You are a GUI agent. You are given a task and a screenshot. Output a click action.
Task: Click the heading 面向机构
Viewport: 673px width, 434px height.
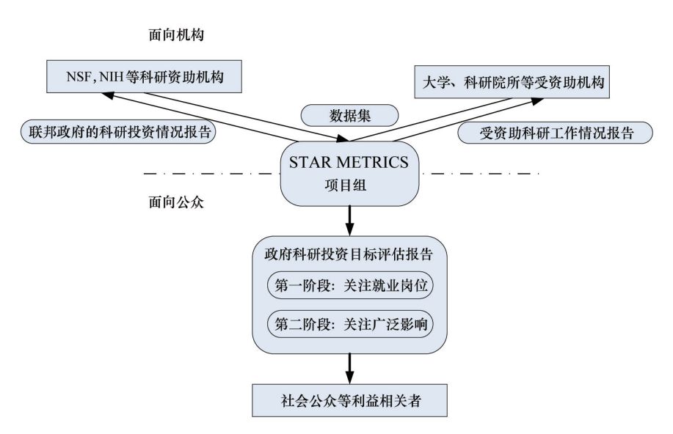click(x=176, y=34)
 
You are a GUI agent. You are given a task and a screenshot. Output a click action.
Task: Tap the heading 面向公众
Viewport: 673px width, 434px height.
click(x=176, y=202)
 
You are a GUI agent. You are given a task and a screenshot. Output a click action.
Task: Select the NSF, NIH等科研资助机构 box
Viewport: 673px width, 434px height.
click(x=144, y=76)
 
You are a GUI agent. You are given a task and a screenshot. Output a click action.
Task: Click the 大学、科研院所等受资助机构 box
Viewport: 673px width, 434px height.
click(x=512, y=82)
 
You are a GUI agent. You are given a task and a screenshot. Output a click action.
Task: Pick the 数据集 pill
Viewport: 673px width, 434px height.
click(x=350, y=116)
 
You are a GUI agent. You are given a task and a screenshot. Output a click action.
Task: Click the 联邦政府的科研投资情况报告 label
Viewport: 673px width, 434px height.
click(x=118, y=132)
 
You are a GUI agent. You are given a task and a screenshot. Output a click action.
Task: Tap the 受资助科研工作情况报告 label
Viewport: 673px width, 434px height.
click(x=556, y=133)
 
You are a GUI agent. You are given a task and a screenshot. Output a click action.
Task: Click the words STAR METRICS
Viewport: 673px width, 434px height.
click(x=349, y=162)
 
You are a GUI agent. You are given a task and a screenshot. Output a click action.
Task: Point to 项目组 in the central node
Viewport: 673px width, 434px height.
click(x=346, y=185)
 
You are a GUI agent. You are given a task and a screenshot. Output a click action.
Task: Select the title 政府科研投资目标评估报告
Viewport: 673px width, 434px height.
click(x=349, y=254)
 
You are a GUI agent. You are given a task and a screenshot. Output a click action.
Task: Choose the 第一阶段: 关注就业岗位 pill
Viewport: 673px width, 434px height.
click(x=350, y=285)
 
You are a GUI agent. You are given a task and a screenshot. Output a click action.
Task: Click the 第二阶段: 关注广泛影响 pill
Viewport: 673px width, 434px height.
click(x=350, y=324)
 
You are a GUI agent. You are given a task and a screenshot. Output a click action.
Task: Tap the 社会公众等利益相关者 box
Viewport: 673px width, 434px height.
click(x=350, y=400)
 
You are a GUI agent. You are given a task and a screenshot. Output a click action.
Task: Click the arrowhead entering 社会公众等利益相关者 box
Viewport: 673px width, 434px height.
click(x=350, y=378)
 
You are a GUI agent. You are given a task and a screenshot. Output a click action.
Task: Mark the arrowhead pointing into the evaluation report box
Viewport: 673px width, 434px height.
click(x=350, y=229)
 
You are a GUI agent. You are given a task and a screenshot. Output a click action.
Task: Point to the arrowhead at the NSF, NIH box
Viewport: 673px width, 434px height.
click(x=108, y=95)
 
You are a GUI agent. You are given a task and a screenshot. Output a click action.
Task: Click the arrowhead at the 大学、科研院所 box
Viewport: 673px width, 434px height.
click(x=537, y=101)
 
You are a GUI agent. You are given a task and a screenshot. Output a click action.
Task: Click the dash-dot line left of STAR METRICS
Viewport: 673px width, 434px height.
click(x=212, y=174)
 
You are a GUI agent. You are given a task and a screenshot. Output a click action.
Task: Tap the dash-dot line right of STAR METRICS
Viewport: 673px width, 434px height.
click(x=479, y=174)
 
